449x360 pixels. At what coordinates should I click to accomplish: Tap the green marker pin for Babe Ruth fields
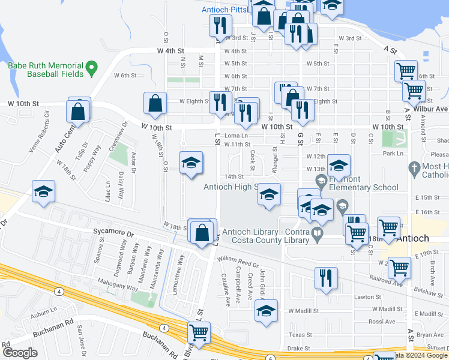(x=92, y=68)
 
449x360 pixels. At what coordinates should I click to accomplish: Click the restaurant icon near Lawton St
(x=326, y=277)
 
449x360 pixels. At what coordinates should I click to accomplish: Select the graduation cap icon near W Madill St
(x=266, y=310)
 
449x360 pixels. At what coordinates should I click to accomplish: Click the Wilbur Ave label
(x=434, y=109)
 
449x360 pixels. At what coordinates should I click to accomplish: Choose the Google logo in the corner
(x=20, y=353)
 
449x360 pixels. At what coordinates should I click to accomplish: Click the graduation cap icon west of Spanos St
(x=43, y=191)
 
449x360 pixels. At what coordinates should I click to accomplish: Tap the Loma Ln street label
(x=236, y=136)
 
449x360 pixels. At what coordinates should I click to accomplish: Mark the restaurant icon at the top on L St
(x=220, y=25)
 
